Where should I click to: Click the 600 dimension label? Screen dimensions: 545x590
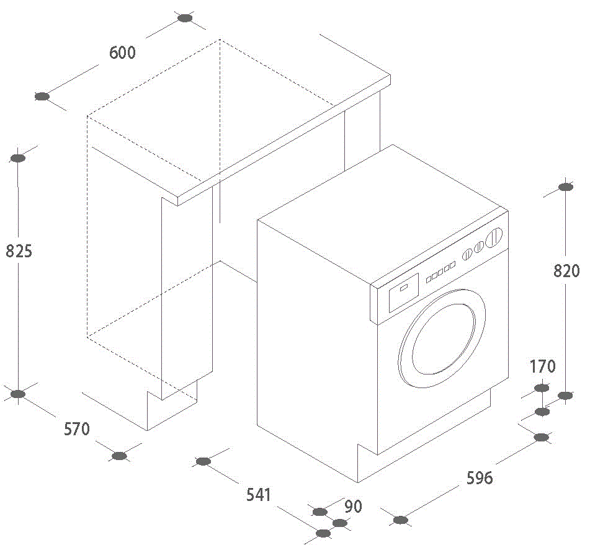122,53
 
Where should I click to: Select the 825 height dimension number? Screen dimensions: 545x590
19,251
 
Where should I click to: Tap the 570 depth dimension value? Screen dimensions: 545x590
77,428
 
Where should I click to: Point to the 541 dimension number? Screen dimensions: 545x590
259,494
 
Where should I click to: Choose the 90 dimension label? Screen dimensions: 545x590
353,507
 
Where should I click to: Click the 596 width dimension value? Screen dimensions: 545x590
480,477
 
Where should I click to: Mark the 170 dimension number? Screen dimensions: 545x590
543,366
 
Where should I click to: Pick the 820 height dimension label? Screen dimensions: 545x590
566,270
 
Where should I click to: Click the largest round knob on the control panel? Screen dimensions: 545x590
494,239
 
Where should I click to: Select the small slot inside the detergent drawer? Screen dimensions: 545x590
403,287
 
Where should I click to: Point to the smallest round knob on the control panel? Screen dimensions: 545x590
467,254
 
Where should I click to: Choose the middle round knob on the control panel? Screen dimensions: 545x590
479,248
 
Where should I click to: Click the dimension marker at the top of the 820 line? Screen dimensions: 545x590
565,187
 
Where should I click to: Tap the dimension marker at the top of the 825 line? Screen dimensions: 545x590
19,158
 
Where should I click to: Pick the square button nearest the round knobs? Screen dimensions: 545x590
452,265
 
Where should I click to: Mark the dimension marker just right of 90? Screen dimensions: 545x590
339,523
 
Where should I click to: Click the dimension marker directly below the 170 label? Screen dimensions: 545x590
542,388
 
